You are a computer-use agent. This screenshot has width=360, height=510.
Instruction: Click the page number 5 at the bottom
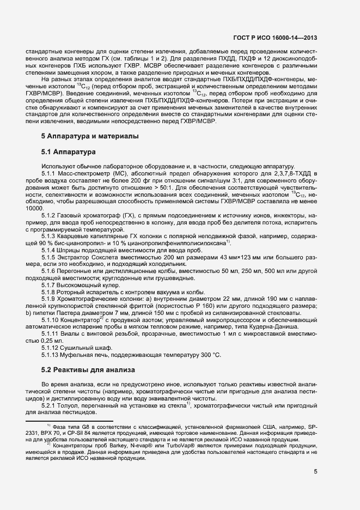315,472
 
